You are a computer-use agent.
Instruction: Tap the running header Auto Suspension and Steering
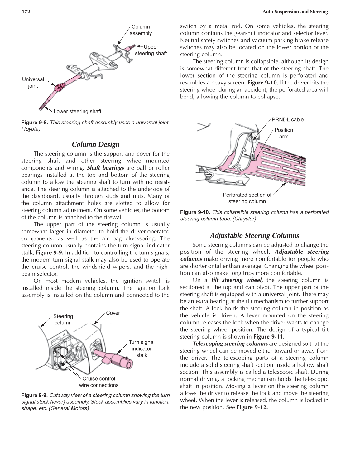tap(295, 12)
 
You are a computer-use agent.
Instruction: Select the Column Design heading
tap(95, 144)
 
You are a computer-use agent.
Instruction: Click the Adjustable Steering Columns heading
tap(254, 235)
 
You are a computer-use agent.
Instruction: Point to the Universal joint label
tap(33, 83)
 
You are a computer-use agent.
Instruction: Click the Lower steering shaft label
tap(77, 111)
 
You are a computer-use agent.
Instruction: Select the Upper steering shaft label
tap(151, 50)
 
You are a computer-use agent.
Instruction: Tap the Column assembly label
tap(141, 30)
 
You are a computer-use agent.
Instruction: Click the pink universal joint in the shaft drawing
tap(58, 88)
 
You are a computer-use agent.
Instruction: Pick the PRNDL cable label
tap(287, 119)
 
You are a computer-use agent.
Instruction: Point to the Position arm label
tap(284, 133)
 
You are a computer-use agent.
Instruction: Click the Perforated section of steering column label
tap(247, 198)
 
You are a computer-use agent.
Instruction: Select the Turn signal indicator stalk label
tap(142, 348)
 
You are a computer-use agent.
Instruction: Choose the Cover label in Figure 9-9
tap(113, 313)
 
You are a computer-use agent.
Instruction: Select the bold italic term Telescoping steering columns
tap(230, 344)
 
